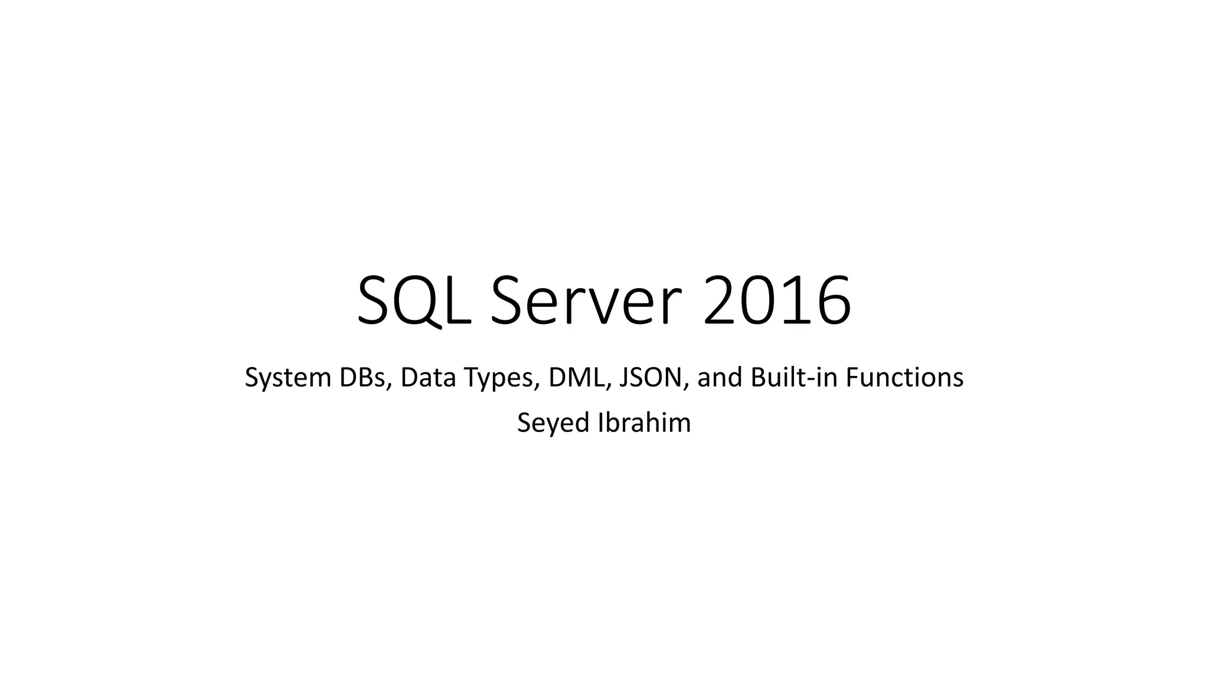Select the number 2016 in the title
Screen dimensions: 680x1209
click(777, 302)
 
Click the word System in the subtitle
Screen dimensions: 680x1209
click(287, 378)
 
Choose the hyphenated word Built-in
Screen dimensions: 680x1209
click(794, 378)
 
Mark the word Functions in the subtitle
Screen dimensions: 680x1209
click(904, 378)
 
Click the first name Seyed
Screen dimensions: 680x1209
click(554, 423)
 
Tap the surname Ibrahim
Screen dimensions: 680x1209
click(645, 423)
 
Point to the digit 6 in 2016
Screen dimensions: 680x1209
click(832, 302)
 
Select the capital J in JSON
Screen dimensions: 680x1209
click(625, 378)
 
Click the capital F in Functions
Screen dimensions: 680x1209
click(852, 378)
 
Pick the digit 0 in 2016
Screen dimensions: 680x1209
click(759, 302)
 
